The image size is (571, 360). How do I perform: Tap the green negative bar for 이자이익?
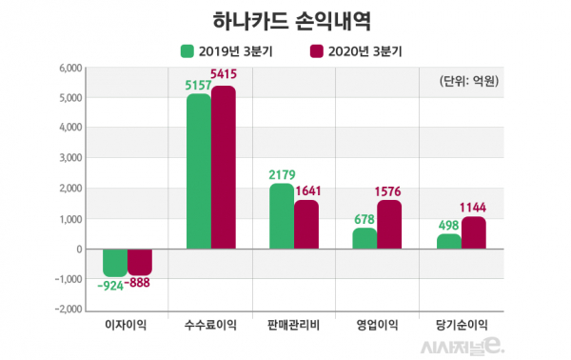115,263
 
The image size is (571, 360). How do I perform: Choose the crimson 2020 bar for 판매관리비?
306,224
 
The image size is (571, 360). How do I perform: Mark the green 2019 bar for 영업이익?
364,238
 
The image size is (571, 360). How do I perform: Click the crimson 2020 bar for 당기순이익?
473,232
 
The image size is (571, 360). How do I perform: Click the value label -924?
110,286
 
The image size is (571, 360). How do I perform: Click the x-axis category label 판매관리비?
294,326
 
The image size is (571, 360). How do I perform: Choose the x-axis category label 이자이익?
127,326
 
